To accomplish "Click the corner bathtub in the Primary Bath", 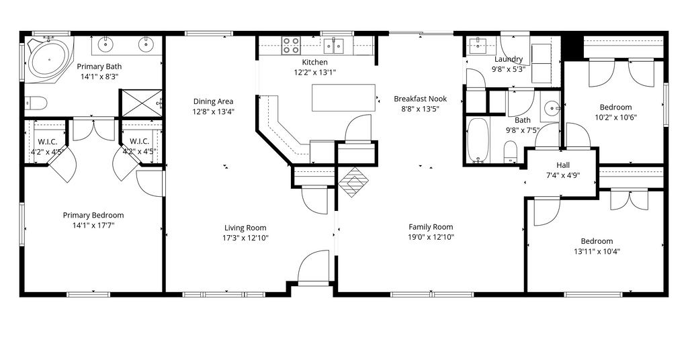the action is pyautogui.click(x=48, y=59).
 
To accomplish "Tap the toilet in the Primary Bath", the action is pyautogui.click(x=36, y=103).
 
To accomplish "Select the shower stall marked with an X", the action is pyautogui.click(x=141, y=103).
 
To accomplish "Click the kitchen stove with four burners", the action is pyautogui.click(x=290, y=45).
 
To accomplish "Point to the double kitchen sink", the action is pyautogui.click(x=335, y=45).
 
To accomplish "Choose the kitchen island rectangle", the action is pyautogui.click(x=343, y=98).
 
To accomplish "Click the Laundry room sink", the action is pyautogui.click(x=476, y=44).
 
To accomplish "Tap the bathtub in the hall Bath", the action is pyautogui.click(x=478, y=140).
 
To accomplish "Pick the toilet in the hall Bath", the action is pyautogui.click(x=510, y=151).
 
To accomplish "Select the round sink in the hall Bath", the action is pyautogui.click(x=552, y=107).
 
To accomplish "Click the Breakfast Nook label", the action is pyautogui.click(x=420, y=99).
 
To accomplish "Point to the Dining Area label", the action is pyautogui.click(x=213, y=101).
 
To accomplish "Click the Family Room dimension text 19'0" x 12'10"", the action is pyautogui.click(x=431, y=237).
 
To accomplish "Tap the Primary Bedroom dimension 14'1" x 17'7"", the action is pyautogui.click(x=93, y=226).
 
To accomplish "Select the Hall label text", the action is pyautogui.click(x=563, y=165).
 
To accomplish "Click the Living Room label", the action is pyautogui.click(x=245, y=228).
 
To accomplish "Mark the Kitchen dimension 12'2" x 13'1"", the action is pyautogui.click(x=315, y=73).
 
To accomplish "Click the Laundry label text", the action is pyautogui.click(x=509, y=59).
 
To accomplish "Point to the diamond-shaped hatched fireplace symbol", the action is pyautogui.click(x=353, y=181).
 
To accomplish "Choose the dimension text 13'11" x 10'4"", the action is pyautogui.click(x=597, y=252).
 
